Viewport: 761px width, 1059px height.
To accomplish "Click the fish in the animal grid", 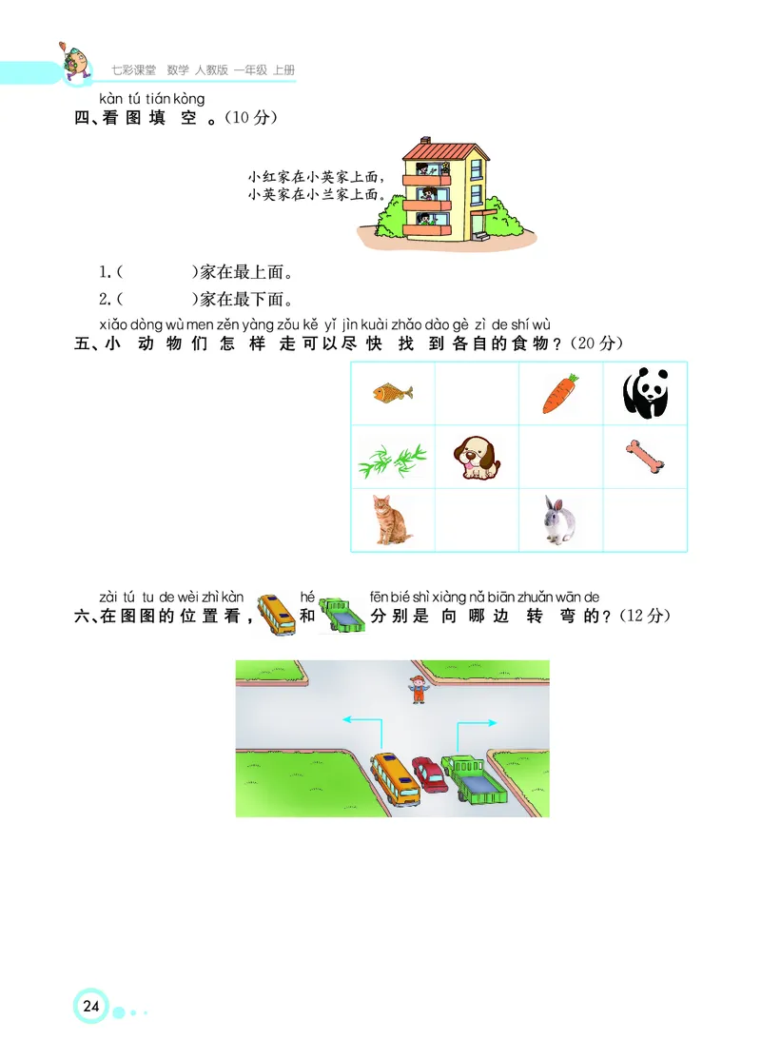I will pos(392,391).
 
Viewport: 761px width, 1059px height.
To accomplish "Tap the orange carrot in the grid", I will pos(560,394).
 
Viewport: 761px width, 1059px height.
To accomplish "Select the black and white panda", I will pos(645,394).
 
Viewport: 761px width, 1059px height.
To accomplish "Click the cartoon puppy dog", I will pos(476,458).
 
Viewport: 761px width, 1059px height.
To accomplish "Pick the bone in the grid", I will pos(645,457).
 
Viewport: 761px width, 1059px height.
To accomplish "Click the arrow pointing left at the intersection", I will pos(361,721).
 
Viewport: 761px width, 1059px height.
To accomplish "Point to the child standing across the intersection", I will pos(416,689).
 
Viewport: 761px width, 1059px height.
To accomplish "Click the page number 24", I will pos(91,1007).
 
